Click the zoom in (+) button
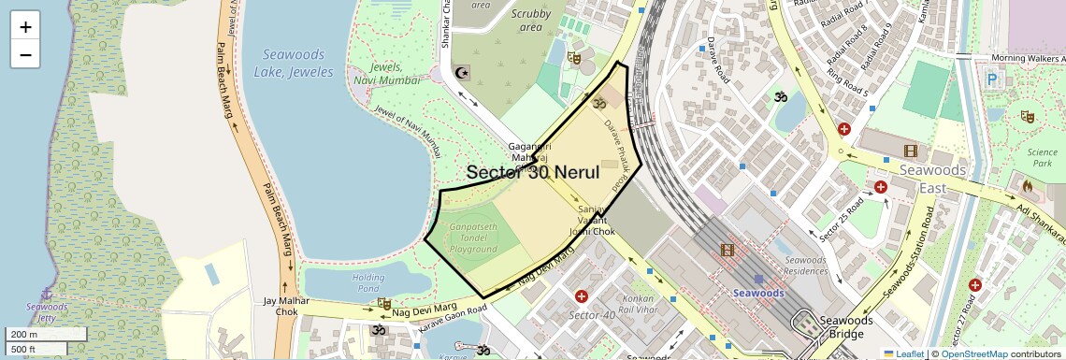tap(25, 27)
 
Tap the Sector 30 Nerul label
tap(532, 172)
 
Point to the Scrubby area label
tap(531, 20)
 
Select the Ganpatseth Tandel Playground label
tap(473, 238)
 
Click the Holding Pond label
tap(367, 283)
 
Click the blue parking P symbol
tap(992, 80)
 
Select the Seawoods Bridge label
tap(845, 326)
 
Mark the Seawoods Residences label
tap(805, 265)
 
